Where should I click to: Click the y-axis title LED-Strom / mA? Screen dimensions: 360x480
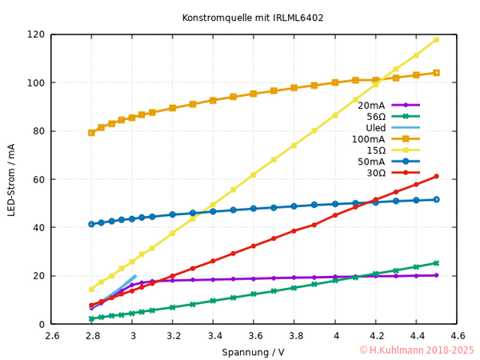pos(11,179)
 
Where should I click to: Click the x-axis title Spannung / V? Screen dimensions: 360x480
pos(253,352)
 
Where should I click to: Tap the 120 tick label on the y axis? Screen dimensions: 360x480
pos(35,34)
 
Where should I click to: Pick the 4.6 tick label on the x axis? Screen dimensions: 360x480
pos(457,337)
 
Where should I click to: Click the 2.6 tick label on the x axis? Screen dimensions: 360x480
pos(52,337)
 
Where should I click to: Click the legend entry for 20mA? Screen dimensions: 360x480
pos(372,105)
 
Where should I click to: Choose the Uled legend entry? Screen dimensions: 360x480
pos(375,127)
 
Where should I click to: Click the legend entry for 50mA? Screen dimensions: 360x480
pos(372,161)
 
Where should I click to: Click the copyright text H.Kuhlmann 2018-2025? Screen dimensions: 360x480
pos(416,350)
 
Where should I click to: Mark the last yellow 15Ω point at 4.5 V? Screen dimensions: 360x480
pos(436,39)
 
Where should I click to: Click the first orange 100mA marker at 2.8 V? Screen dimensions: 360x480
pos(91,132)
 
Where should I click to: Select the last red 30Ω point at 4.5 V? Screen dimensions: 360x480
pos(436,176)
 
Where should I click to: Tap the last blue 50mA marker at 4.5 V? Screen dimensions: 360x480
pos(436,199)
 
